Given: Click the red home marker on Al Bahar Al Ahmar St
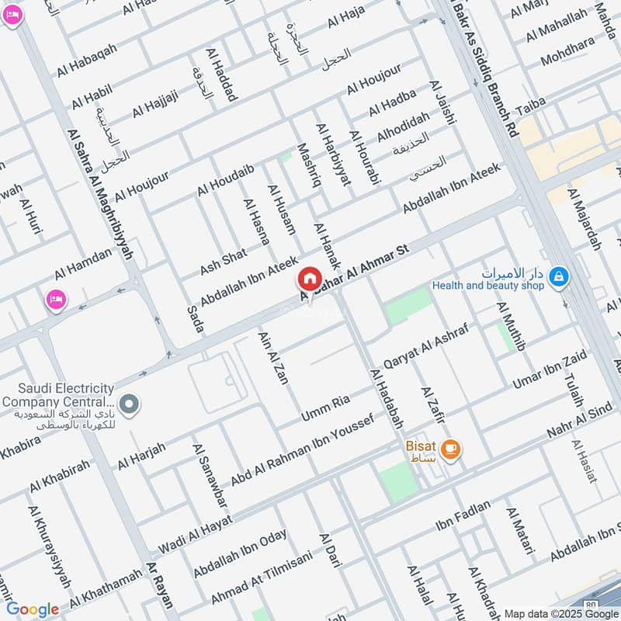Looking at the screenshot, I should click(x=309, y=279).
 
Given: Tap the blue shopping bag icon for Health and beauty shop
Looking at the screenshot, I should click(x=557, y=276).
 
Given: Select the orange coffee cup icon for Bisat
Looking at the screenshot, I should click(x=450, y=448).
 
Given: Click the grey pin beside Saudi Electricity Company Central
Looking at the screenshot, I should click(x=130, y=404).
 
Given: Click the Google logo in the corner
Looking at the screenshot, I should click(x=33, y=609).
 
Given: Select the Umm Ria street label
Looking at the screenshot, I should click(x=325, y=411).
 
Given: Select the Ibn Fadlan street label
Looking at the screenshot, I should click(x=463, y=517).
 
